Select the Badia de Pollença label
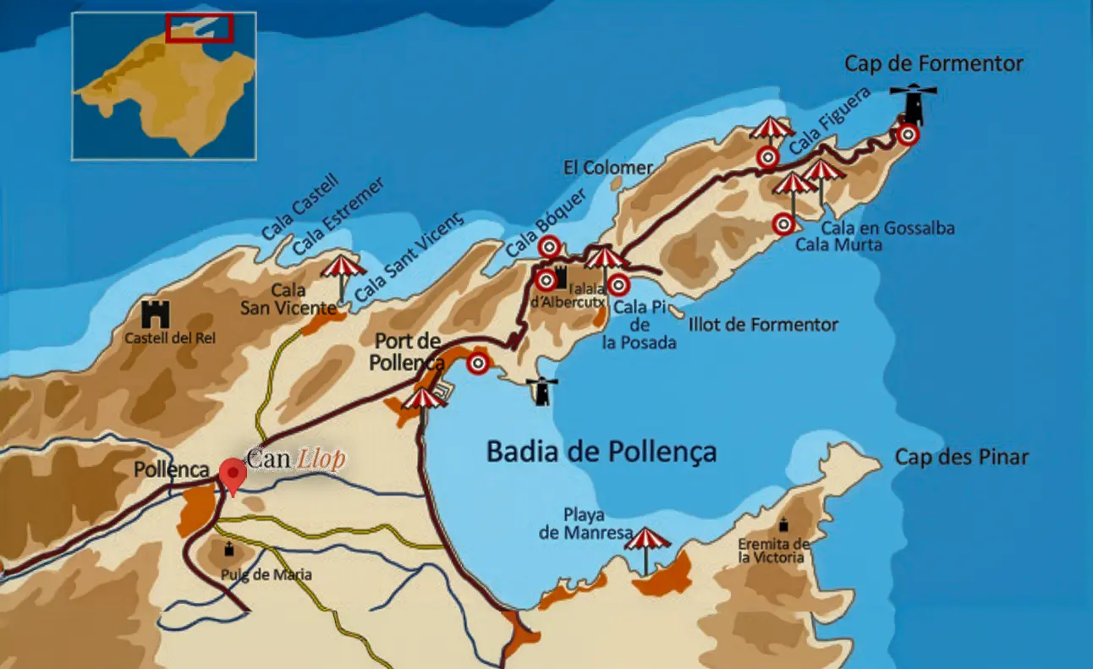601,452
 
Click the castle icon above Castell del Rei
157,315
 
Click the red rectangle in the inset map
199,27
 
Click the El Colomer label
608,167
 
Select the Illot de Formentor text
763,325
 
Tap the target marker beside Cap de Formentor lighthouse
908,134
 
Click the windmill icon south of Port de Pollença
540,391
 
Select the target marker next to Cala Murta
783,224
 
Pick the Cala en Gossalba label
876,228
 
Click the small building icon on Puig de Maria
228,551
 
